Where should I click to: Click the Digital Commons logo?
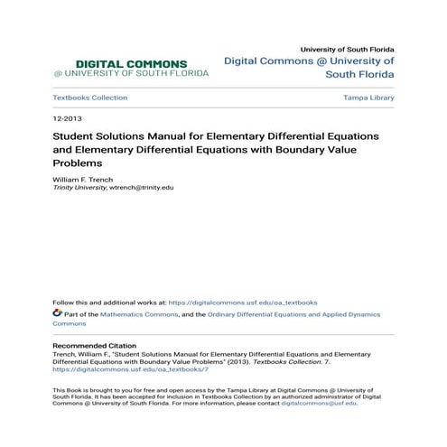pyautogui.click(x=120, y=68)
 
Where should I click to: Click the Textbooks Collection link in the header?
pyautogui.click(x=89, y=98)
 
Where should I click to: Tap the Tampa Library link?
pyautogui.click(x=368, y=98)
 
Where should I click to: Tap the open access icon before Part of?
pyautogui.click(x=57, y=312)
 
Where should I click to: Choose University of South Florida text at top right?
pyautogui.click(x=347, y=49)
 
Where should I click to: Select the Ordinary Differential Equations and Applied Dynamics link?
pyautogui.click(x=309, y=313)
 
